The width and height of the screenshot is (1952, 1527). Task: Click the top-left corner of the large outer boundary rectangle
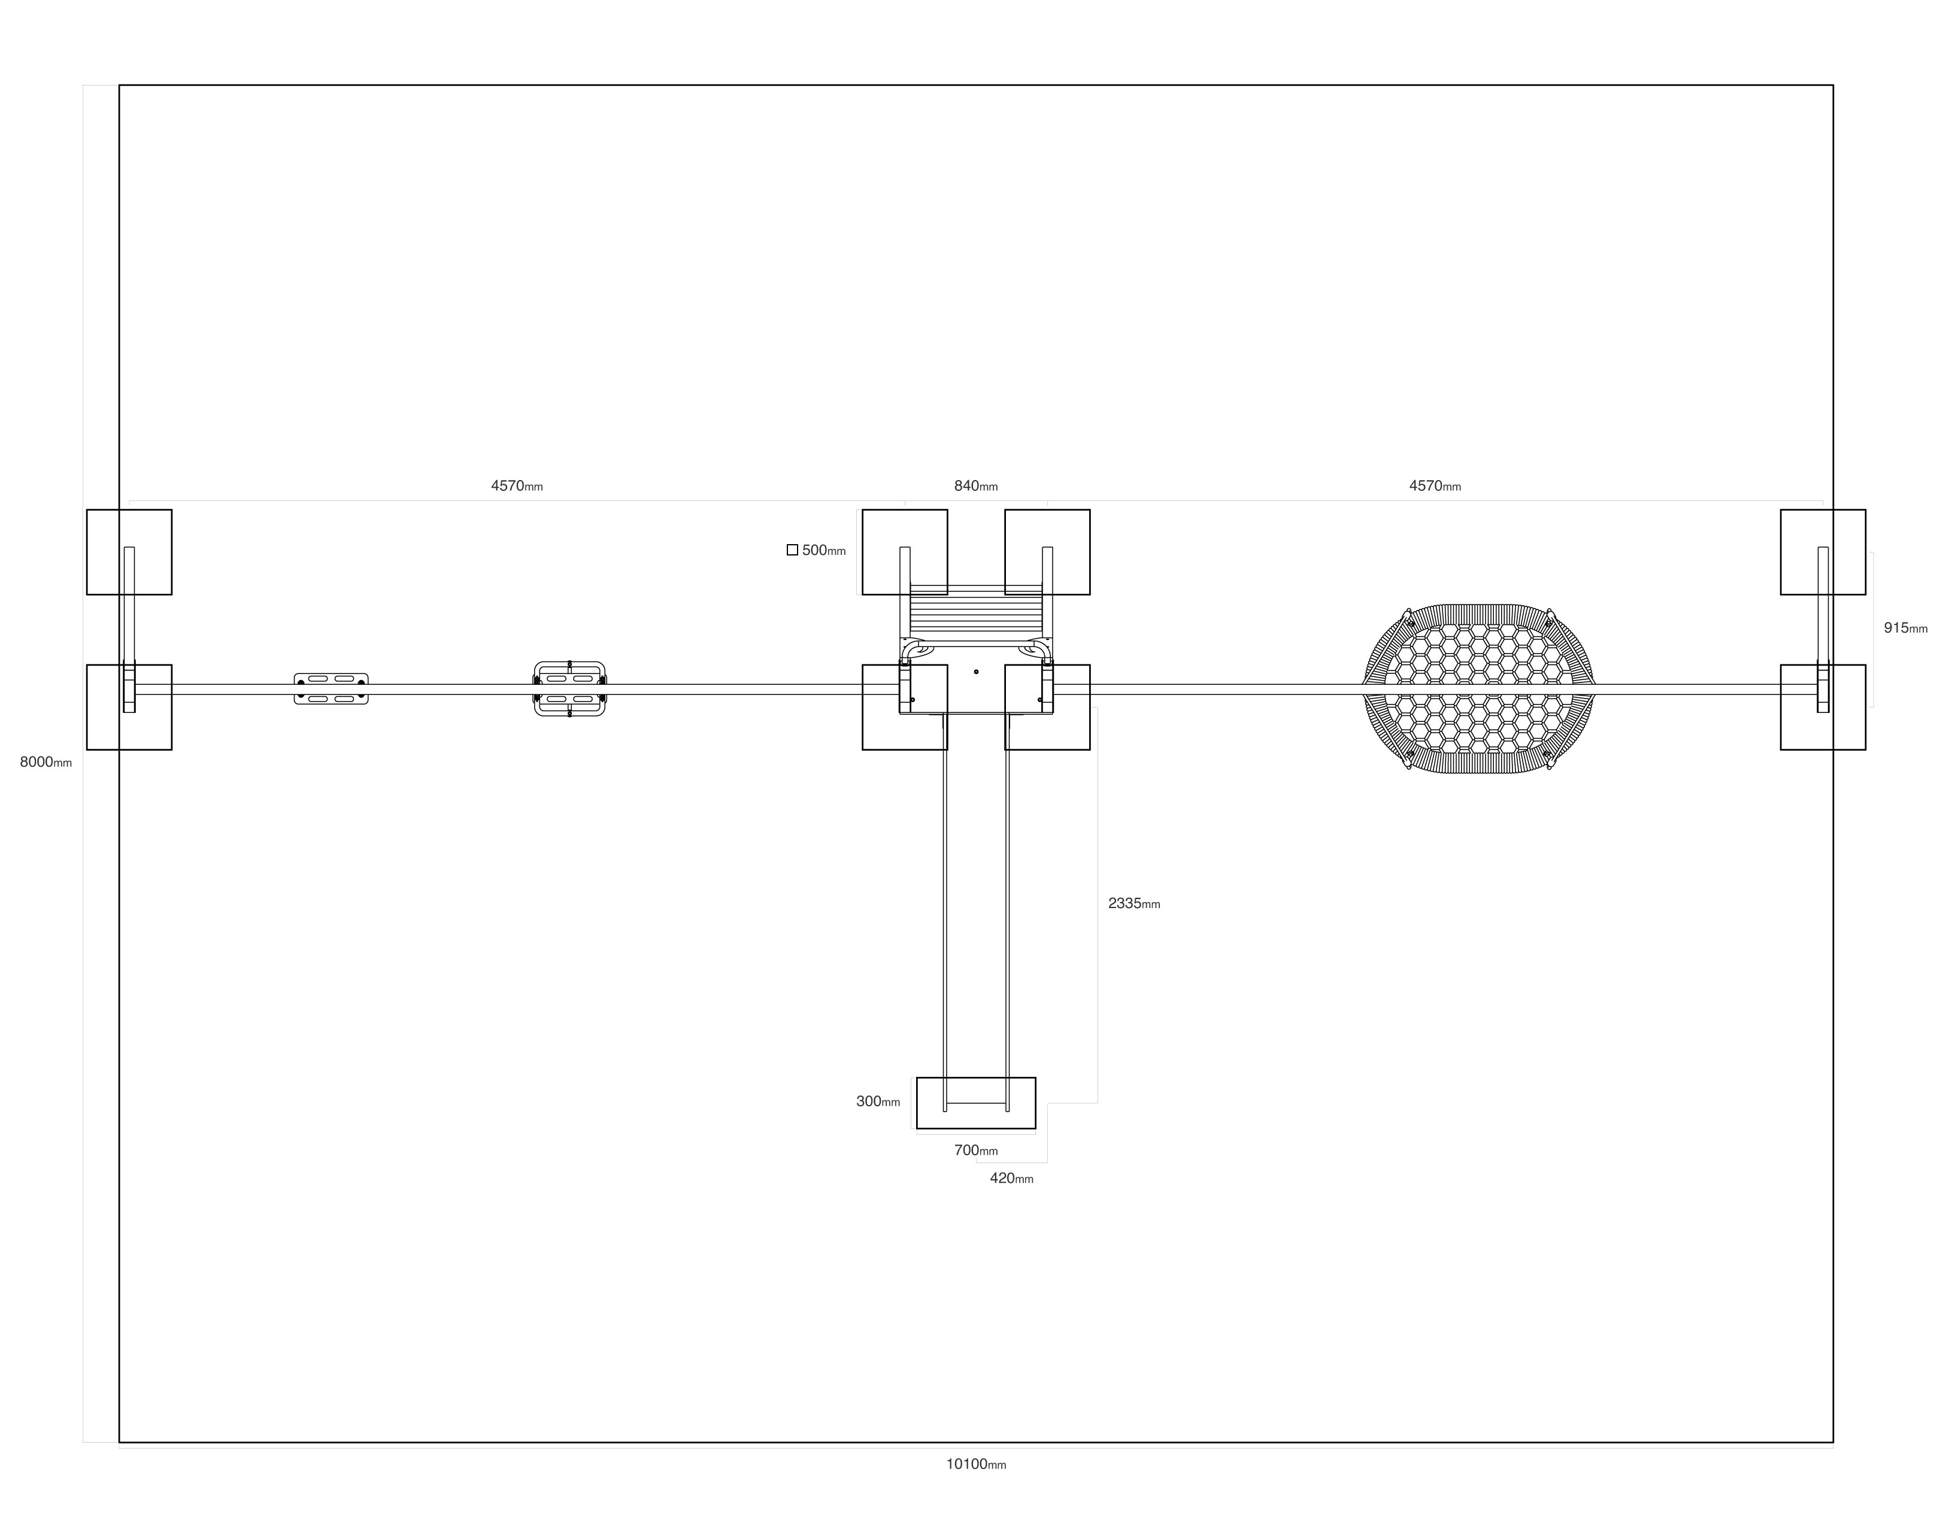pyautogui.click(x=120, y=86)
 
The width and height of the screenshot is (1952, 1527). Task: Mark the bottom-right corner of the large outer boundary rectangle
pyautogui.click(x=1832, y=1442)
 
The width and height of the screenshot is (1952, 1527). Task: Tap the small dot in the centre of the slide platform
pyautogui.click(x=975, y=672)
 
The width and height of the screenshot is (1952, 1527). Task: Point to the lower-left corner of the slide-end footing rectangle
pyautogui.click(x=917, y=1128)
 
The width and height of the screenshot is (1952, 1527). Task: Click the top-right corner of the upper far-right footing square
pyautogui.click(x=1865, y=509)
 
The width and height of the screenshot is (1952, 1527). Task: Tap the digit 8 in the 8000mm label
pyautogui.click(x=24, y=763)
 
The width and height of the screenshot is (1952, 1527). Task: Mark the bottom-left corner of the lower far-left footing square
pyautogui.click(x=87, y=749)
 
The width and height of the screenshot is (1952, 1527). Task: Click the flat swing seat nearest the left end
pyautogui.click(x=331, y=688)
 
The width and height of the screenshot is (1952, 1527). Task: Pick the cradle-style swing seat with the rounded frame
pyautogui.click(x=569, y=688)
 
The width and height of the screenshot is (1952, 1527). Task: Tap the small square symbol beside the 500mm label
pyautogui.click(x=792, y=550)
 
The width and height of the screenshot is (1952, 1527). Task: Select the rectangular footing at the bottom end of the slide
pyautogui.click(x=975, y=1103)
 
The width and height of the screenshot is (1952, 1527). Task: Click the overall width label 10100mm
pyautogui.click(x=975, y=1464)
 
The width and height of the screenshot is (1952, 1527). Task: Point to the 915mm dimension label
pyautogui.click(x=1905, y=627)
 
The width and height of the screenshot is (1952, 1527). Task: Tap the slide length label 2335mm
pyautogui.click(x=1134, y=903)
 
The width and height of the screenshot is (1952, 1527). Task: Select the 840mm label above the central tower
pyautogui.click(x=975, y=486)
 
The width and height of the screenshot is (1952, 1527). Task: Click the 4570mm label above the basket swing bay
pyautogui.click(x=1434, y=486)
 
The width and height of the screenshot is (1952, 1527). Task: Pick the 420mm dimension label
pyautogui.click(x=1011, y=1179)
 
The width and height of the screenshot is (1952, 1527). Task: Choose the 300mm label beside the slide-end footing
pyautogui.click(x=878, y=1101)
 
